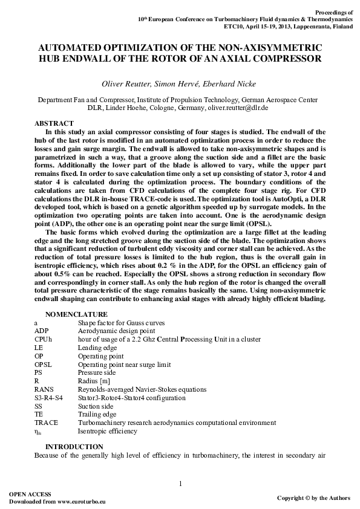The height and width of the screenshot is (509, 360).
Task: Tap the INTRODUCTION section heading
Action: click(74, 447)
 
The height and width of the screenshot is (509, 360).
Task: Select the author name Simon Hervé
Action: click(178, 83)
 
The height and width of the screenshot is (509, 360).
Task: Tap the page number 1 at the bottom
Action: click(180, 482)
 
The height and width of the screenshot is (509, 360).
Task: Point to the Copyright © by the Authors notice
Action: click(313, 498)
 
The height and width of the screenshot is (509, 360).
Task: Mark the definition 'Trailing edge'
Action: click(97, 415)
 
